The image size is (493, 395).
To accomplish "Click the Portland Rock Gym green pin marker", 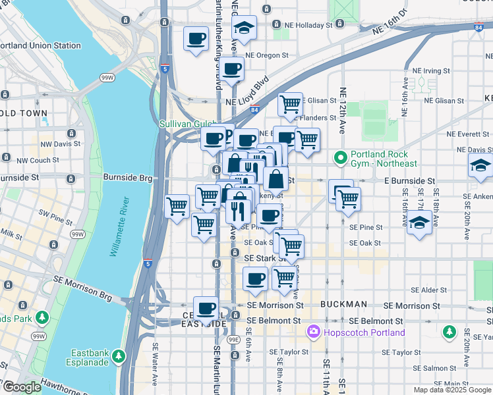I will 341,158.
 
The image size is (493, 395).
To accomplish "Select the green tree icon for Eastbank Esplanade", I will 119,356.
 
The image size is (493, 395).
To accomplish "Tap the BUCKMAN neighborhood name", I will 343,305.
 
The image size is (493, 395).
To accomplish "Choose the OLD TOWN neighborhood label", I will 24,113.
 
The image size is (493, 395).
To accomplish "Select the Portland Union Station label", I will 41,45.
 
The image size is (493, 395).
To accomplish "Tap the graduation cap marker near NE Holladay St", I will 245,28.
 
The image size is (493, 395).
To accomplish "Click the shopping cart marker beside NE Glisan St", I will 290,104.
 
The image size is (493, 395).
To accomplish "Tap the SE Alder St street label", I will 428,290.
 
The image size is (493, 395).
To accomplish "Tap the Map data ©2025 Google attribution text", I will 451,390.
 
